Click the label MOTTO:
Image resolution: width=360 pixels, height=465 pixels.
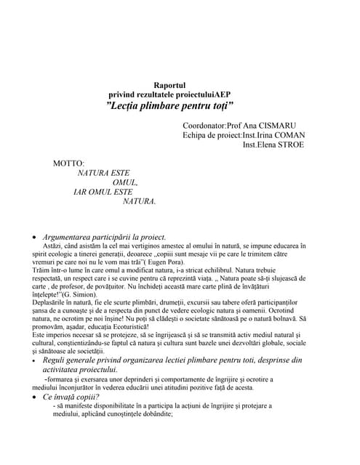68,163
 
